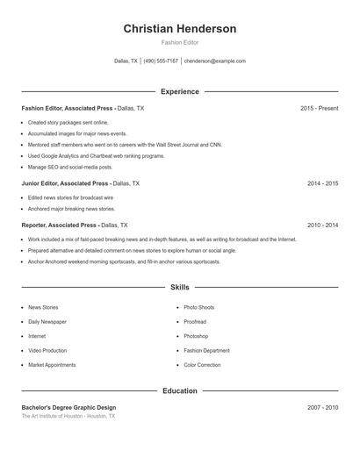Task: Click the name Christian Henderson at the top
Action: [180, 29]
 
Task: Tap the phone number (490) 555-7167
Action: [161, 61]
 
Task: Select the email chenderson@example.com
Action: [215, 61]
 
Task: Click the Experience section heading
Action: [180, 91]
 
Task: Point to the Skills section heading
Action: [180, 287]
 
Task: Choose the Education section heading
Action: [180, 390]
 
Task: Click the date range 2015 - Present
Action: [319, 108]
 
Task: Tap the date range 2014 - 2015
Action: [322, 183]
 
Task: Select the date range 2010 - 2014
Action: [322, 225]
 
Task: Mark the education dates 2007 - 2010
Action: [322, 407]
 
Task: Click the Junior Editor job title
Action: [65, 183]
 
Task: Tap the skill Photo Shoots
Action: [198, 308]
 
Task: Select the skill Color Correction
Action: [202, 365]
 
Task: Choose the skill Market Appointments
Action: [52, 365]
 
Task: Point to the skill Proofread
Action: [195, 322]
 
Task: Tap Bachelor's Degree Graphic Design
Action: [68, 407]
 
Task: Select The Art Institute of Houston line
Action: [68, 416]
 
